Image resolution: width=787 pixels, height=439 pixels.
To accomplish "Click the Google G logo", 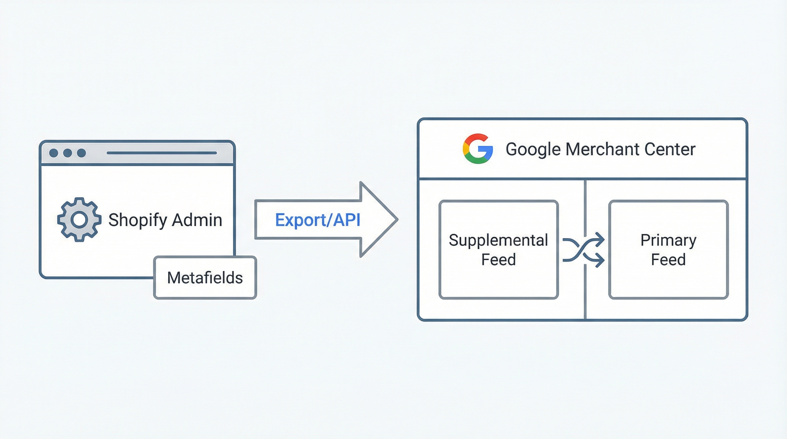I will coord(478,149).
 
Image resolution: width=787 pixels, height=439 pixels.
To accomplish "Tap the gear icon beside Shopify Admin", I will coord(80,219).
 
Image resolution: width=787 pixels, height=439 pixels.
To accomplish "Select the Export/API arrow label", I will coord(318,219).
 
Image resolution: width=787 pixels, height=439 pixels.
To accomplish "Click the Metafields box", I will coord(205,278).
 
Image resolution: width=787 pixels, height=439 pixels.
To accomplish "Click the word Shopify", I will coord(138,220).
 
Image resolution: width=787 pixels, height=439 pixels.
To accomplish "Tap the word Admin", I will coord(197,219).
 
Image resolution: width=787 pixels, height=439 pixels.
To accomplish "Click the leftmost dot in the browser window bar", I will coord(54,153).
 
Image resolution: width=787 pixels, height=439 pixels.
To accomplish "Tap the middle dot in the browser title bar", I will coord(67,153).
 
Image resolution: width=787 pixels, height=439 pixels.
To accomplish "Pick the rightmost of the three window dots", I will coord(81,153).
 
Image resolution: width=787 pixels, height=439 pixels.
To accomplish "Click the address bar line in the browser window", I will coord(162,153).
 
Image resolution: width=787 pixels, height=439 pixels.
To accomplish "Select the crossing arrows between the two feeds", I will coord(583,250).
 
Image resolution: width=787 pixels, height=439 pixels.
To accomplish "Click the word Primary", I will coord(668,240).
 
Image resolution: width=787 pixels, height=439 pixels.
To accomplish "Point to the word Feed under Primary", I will coord(668,260).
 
